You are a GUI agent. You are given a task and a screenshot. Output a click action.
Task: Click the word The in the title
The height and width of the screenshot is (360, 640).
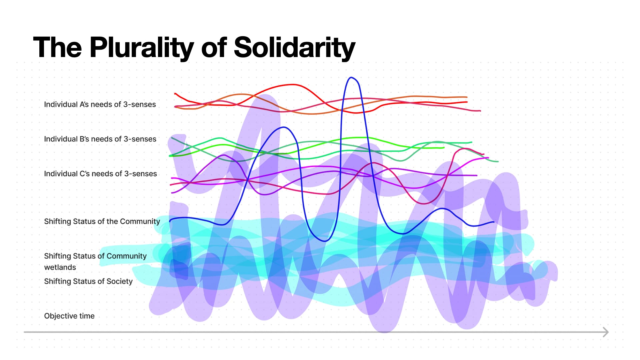57,47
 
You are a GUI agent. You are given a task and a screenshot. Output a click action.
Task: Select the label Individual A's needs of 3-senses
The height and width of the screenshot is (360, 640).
100,104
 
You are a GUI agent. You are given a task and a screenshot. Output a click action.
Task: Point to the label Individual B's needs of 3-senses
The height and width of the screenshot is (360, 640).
100,139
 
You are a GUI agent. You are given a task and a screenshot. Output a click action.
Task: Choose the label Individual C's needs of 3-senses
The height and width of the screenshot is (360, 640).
100,174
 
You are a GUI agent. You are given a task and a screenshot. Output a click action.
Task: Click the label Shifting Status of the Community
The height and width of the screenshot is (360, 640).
102,221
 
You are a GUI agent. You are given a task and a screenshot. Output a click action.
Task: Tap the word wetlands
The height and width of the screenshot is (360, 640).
60,267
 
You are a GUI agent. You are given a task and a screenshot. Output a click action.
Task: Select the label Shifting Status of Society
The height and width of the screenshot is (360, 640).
88,281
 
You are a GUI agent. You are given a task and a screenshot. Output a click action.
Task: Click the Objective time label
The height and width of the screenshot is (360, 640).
69,316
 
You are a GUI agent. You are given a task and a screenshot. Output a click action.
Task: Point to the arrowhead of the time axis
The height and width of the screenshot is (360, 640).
606,332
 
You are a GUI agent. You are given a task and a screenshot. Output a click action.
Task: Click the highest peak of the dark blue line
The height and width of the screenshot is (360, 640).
351,78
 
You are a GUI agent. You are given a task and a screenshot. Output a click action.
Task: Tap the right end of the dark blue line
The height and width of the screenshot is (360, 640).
494,222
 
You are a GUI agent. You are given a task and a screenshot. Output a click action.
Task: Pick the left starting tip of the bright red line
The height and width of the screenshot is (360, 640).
175,94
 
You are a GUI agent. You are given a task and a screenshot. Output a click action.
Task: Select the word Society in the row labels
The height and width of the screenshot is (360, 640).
119,281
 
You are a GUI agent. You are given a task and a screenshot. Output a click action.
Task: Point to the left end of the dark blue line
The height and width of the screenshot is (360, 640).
170,221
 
